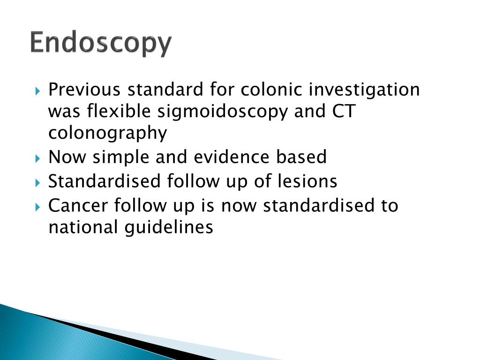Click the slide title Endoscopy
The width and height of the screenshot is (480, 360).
[x=101, y=44]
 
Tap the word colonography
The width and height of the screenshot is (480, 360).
[x=108, y=134]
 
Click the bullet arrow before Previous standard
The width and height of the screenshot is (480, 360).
[x=38, y=90]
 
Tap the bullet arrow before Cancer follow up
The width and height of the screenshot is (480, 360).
[x=38, y=206]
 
